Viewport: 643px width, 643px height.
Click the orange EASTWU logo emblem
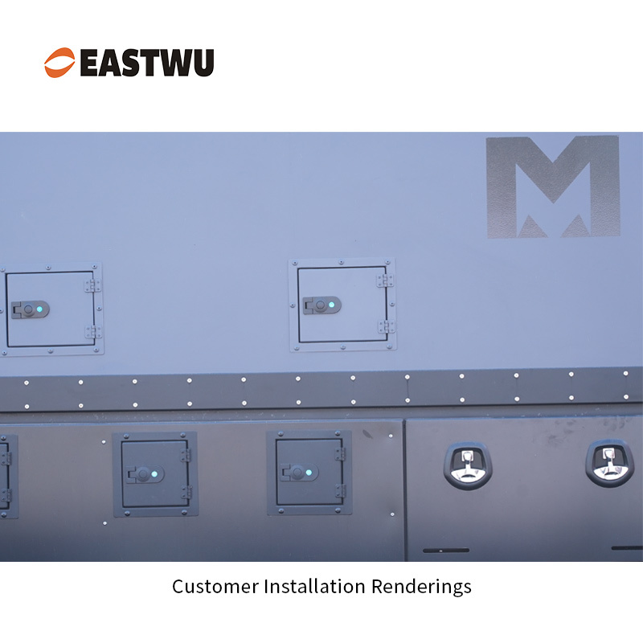pyautogui.click(x=59, y=63)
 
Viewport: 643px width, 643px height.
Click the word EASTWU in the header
pyautogui.click(x=147, y=63)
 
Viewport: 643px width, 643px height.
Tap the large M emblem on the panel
pyautogui.click(x=553, y=186)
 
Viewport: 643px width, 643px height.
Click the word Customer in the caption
pyautogui.click(x=215, y=587)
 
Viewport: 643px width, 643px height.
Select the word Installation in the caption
pyautogui.click(x=314, y=587)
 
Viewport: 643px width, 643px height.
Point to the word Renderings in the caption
pyautogui.click(x=421, y=588)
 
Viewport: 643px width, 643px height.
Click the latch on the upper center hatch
pyautogui.click(x=322, y=305)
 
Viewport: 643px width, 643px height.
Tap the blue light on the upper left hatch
pyautogui.click(x=39, y=309)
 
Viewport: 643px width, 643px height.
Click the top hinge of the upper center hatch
pyautogui.click(x=386, y=281)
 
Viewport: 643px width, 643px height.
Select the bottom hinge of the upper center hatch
pyautogui.click(x=387, y=327)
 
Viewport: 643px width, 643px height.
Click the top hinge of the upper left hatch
pyautogui.click(x=93, y=286)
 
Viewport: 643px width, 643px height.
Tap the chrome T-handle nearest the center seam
pyautogui.click(x=468, y=466)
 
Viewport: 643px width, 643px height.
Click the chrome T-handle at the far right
pyautogui.click(x=609, y=464)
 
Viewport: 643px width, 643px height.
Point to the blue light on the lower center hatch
pyautogui.click(x=309, y=473)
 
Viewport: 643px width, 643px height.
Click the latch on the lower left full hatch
pyautogui.click(x=145, y=474)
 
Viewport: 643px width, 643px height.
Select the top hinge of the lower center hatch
pyautogui.click(x=340, y=454)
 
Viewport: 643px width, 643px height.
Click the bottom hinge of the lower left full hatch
pyautogui.click(x=186, y=493)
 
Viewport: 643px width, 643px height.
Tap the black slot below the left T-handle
pyautogui.click(x=446, y=551)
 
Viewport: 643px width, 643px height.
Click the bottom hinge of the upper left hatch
pyautogui.click(x=94, y=332)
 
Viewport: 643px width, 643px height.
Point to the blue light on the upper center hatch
pyautogui.click(x=331, y=305)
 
